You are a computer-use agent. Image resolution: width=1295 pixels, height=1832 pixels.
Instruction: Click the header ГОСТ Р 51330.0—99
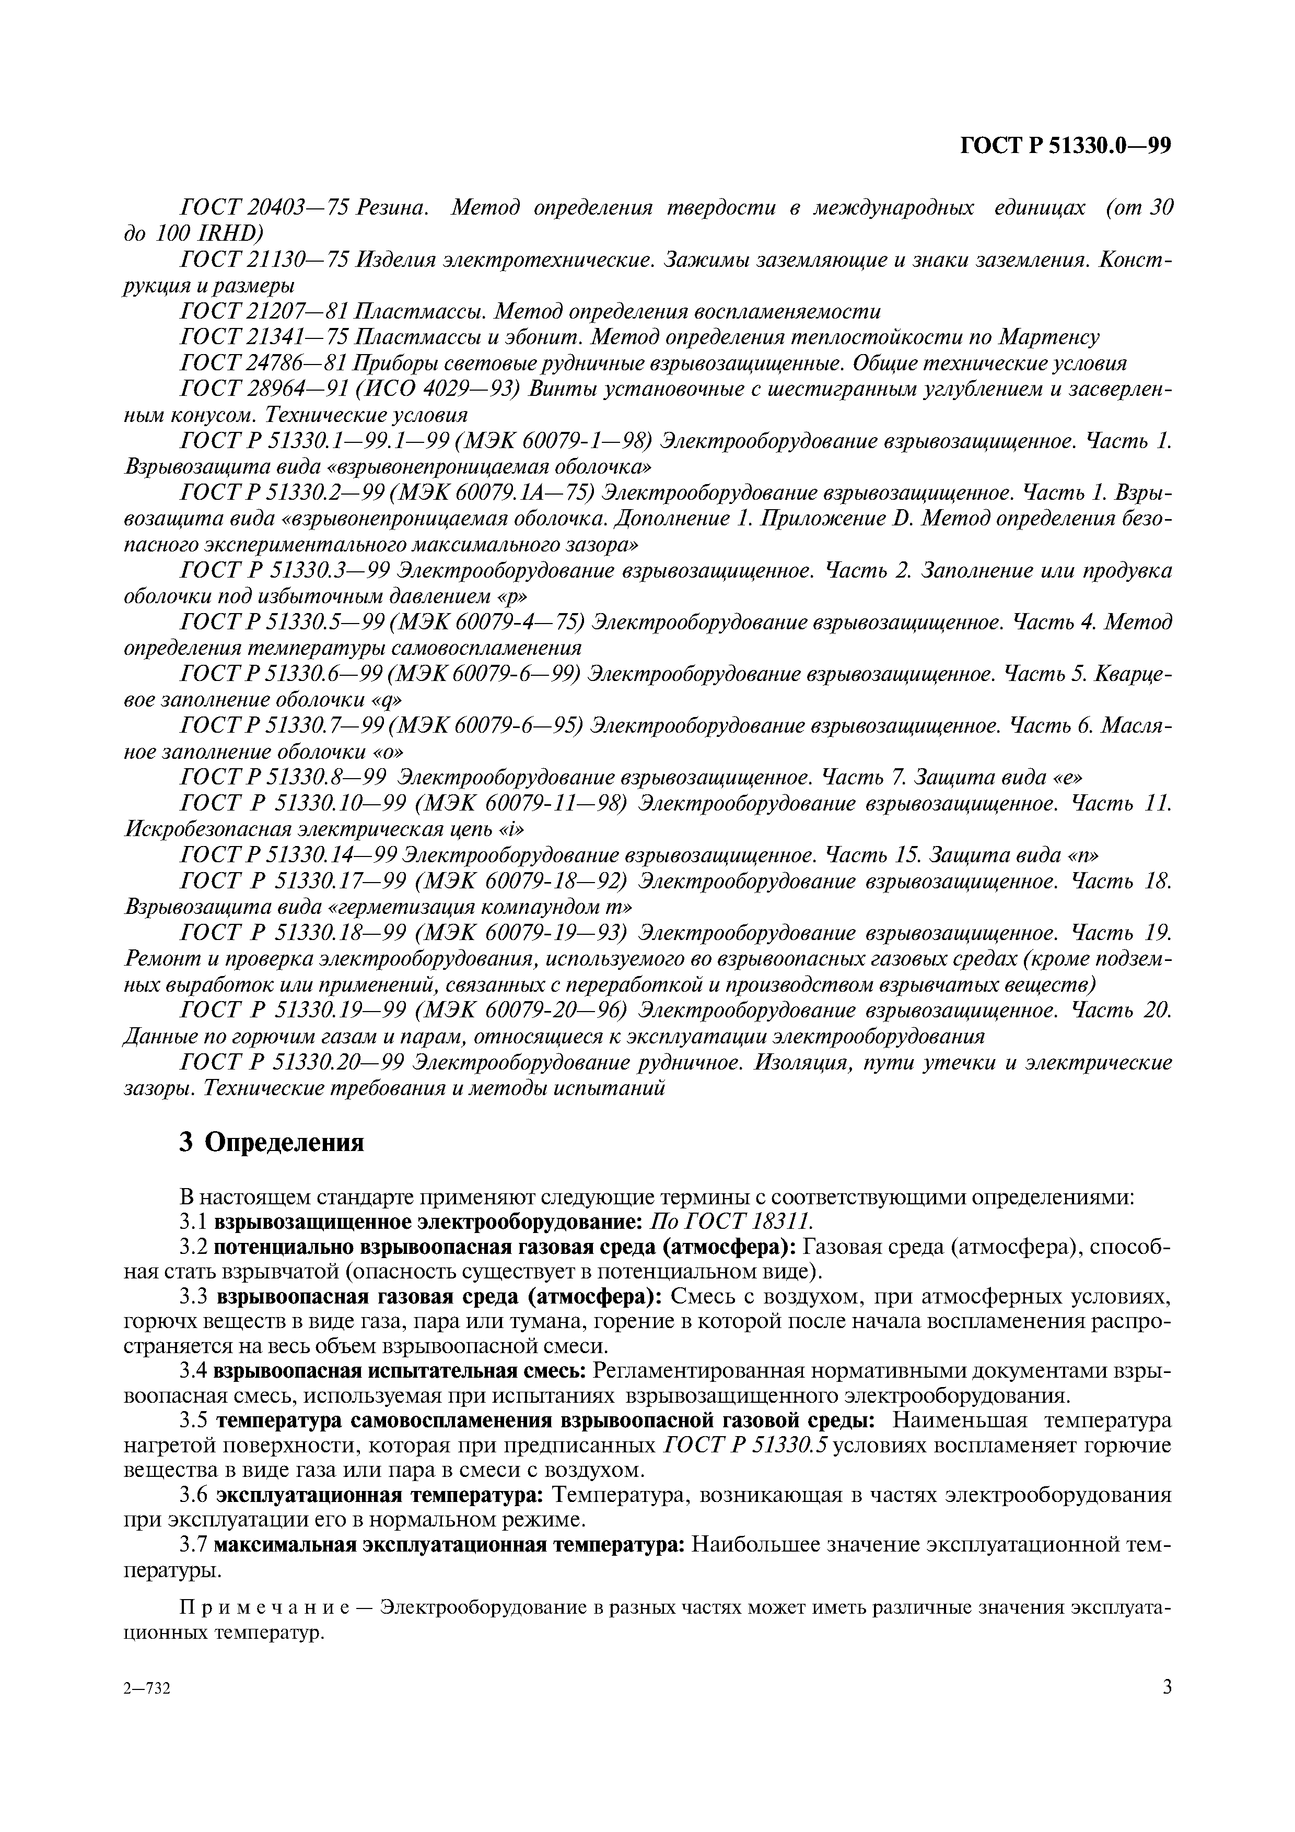[1065, 146]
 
